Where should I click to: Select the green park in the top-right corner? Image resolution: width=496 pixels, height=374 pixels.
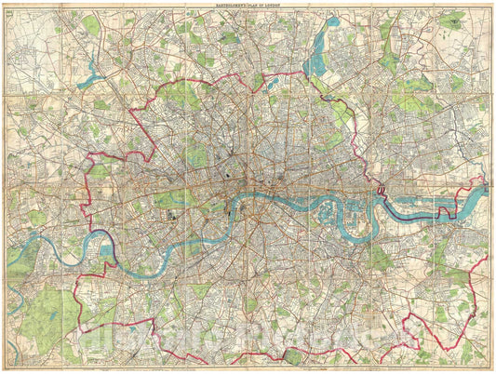(453, 19)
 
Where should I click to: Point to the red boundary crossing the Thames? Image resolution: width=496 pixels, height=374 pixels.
(380, 193)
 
